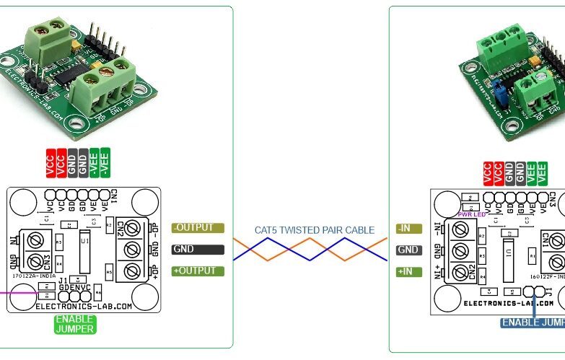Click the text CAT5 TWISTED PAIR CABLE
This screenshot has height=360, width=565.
[314, 230]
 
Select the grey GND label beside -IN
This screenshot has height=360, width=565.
[408, 250]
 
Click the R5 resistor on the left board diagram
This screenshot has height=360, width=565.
[109, 271]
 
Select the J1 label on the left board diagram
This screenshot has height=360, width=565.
[63, 281]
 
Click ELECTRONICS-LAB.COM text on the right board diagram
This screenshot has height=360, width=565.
[502, 304]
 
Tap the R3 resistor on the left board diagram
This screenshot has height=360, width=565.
[59, 242]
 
